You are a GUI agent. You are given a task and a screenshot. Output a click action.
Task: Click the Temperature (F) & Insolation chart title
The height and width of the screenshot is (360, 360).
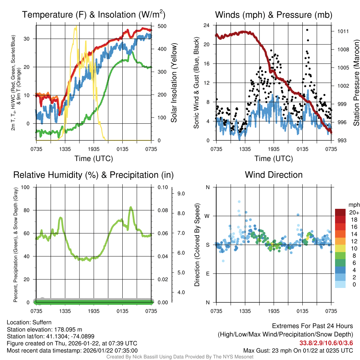point(94,15)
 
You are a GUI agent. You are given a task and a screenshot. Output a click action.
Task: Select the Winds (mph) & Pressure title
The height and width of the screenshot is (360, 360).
point(274,15)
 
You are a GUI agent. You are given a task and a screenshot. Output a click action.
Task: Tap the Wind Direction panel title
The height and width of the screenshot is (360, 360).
point(274,175)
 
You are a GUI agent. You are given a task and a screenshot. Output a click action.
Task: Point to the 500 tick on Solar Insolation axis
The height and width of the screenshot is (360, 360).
point(162,26)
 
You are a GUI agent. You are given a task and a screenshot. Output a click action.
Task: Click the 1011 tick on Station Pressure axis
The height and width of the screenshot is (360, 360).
point(342,31)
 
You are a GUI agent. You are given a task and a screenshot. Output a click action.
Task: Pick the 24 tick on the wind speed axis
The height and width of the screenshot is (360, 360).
point(207,25)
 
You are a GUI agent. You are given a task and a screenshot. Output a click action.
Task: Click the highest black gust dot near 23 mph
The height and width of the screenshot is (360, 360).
point(307,30)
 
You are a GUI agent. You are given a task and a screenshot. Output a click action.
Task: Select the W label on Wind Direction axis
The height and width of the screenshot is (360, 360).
point(207,216)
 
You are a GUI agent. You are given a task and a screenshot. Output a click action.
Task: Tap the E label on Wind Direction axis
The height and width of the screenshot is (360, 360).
point(207,274)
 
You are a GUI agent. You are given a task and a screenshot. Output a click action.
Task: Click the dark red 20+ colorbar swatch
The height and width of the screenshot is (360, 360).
point(340,212)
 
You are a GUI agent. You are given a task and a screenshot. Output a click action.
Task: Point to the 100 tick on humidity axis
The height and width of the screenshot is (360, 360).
point(28,187)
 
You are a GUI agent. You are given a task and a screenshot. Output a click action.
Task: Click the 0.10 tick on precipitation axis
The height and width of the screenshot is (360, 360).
point(162,187)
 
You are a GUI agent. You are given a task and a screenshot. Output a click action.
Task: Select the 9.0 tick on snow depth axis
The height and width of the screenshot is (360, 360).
point(181,193)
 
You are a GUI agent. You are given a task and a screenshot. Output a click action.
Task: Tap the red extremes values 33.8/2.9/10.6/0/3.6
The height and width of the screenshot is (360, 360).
point(326,343)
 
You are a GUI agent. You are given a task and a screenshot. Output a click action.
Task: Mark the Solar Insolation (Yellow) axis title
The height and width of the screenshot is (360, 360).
point(174,83)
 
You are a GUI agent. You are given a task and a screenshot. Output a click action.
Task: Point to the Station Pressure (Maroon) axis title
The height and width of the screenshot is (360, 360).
point(356,83)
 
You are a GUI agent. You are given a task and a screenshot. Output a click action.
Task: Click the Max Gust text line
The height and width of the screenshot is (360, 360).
point(298,351)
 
